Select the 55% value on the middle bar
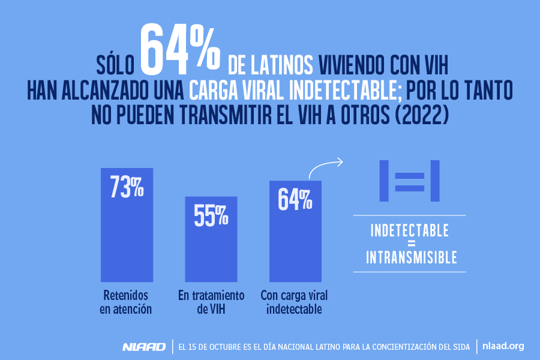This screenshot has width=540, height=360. click(x=211, y=215)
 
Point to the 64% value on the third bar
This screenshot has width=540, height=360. click(x=295, y=199)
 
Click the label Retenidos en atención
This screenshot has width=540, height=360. click(x=126, y=302)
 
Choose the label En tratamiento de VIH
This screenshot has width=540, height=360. click(x=211, y=302)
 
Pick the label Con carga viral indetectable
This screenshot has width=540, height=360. click(x=295, y=302)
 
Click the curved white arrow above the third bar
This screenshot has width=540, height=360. click(x=325, y=167)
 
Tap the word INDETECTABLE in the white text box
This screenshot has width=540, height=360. click(x=410, y=230)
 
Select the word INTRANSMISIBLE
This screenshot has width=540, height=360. click(x=412, y=258)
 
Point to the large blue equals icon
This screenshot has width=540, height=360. click(x=409, y=181)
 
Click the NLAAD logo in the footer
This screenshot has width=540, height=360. click(x=143, y=347)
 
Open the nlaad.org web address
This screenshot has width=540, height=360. click(x=503, y=346)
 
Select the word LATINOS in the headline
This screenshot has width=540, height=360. click(x=284, y=62)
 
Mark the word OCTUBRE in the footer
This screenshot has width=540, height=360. click(x=221, y=347)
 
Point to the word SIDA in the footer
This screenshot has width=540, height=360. click(x=458, y=347)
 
